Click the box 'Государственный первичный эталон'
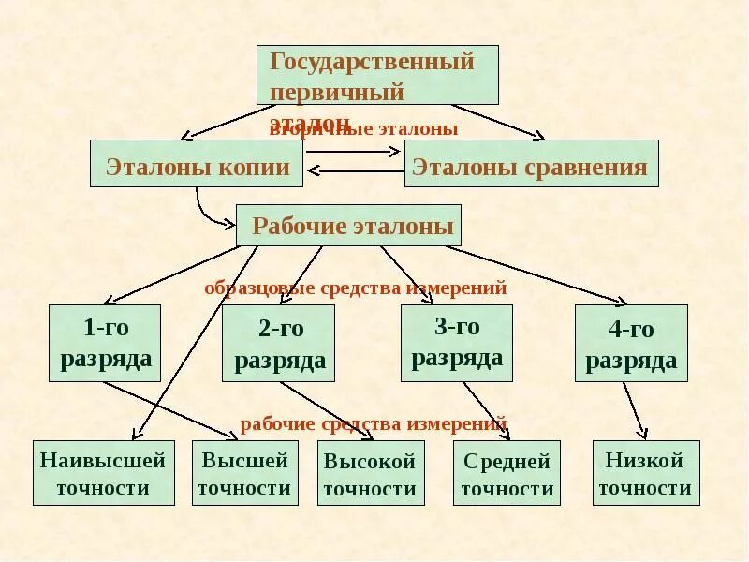coord(377,75)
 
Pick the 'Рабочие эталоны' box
coord(348,225)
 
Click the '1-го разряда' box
coord(105,343)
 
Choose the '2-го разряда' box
coord(279,343)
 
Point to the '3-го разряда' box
coord(457,343)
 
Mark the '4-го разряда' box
coord(631,343)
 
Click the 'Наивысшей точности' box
coord(104,472)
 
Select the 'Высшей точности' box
coord(244,472)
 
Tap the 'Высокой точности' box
coord(371,473)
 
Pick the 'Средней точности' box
coord(507,473)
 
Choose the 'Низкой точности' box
coord(646,472)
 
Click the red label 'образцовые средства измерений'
coord(356,288)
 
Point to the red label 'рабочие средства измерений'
coord(374,423)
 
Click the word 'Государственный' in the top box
coord(372,63)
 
